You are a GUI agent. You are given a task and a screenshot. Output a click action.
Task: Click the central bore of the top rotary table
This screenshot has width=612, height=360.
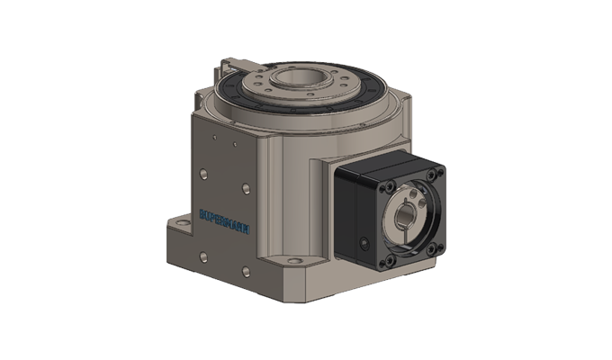(293, 77)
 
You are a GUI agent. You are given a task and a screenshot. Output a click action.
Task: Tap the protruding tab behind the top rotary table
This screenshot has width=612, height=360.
(236, 65)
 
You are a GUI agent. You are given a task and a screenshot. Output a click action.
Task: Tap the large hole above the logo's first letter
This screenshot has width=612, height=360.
(202, 172)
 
